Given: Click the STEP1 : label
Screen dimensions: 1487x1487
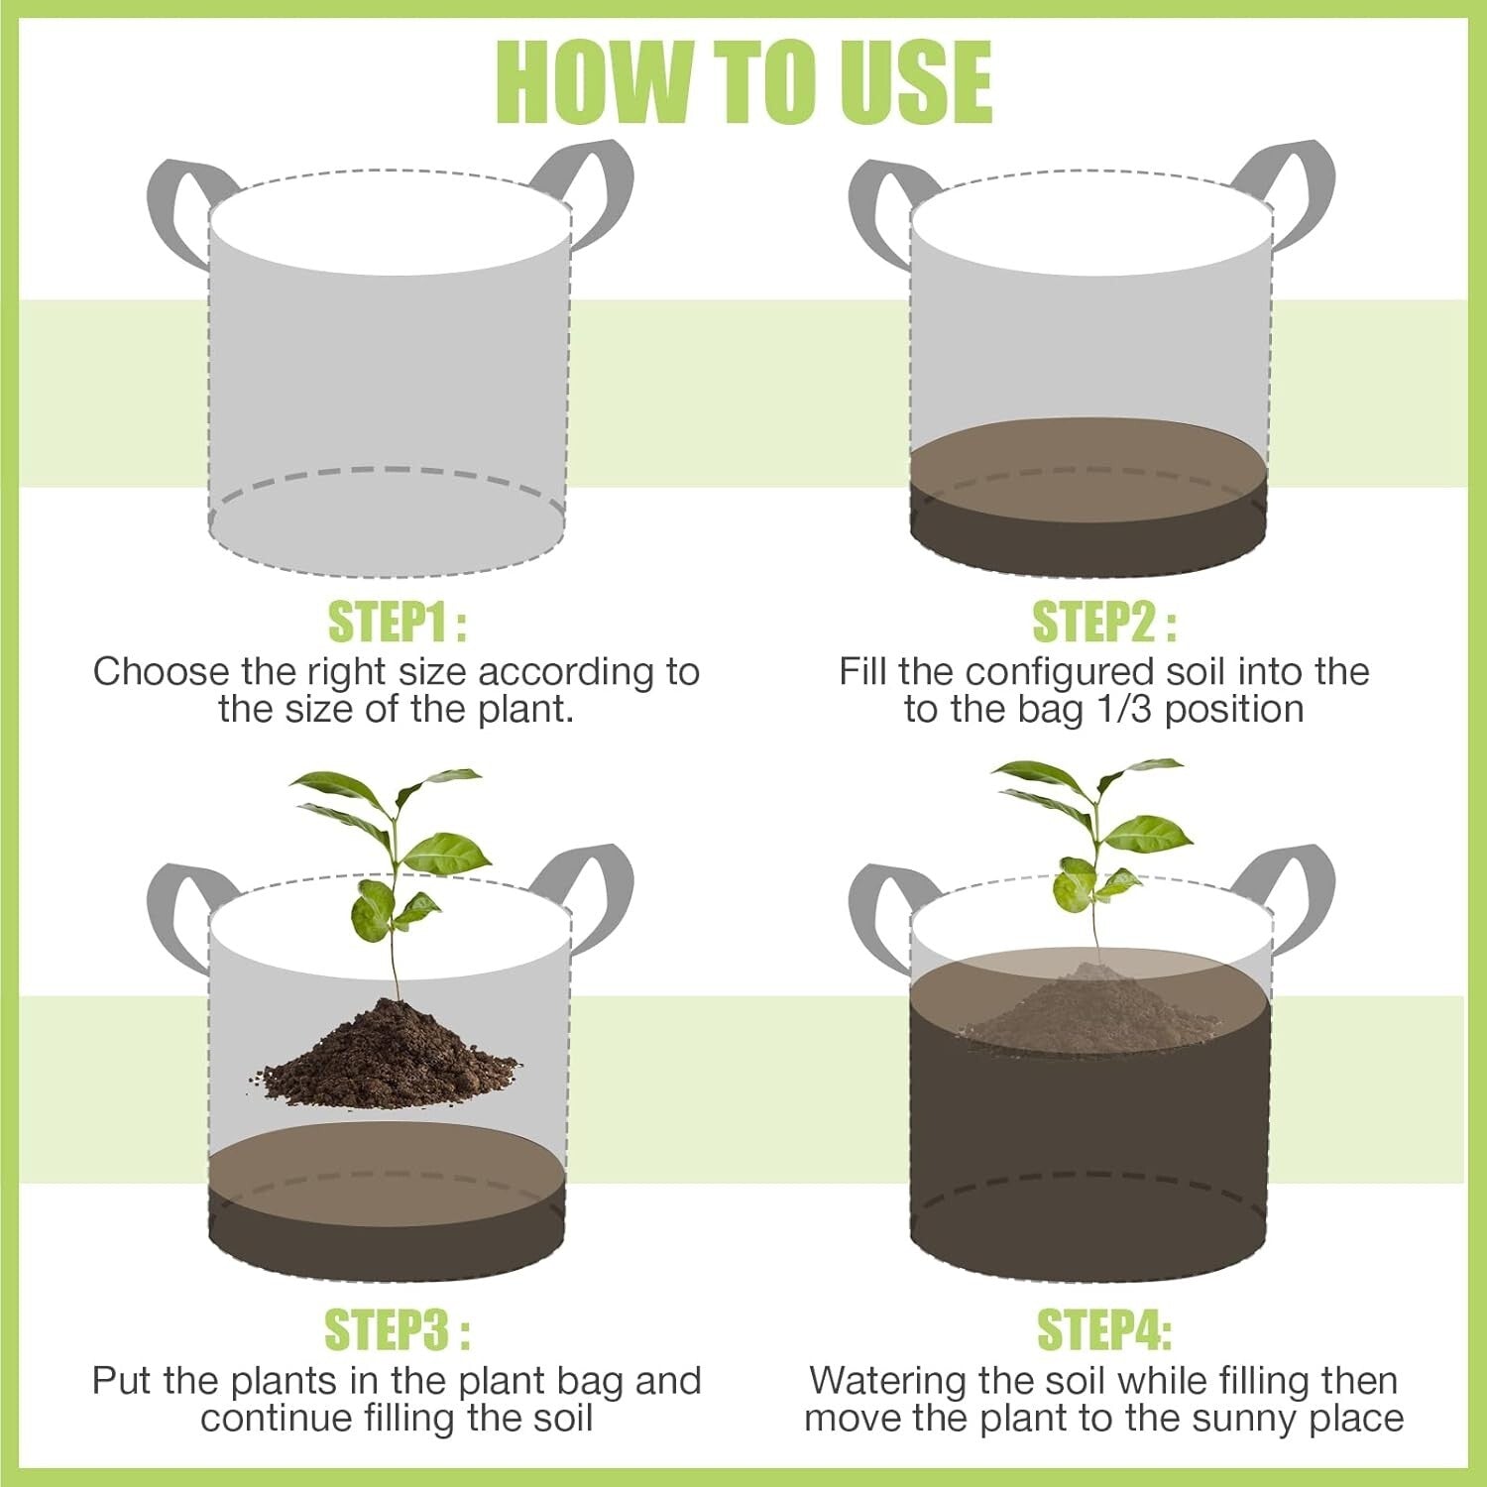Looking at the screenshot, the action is click(x=397, y=623).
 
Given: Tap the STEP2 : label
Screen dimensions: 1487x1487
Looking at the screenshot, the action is click(x=1104, y=623).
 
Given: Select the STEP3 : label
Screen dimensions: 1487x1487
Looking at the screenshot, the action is click(x=397, y=1329).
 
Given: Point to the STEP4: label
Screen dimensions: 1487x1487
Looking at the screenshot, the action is click(x=1104, y=1329).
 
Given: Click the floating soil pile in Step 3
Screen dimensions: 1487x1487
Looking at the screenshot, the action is click(x=390, y=1056).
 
